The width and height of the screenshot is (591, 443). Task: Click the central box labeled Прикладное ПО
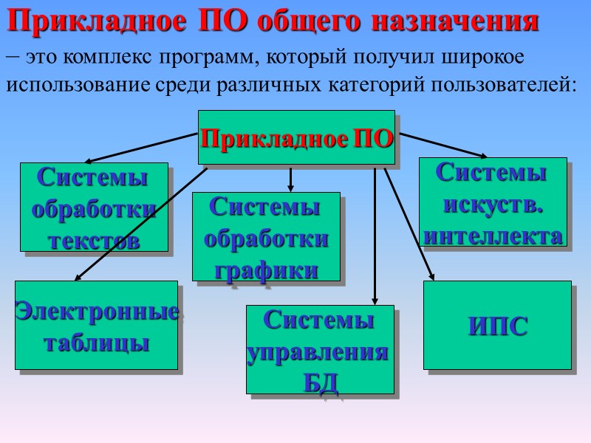pyautogui.click(x=296, y=137)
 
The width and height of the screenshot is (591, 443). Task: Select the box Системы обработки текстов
pyautogui.click(x=94, y=207)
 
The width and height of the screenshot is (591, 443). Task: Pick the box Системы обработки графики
pyautogui.click(x=266, y=236)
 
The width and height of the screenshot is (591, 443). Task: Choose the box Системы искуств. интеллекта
pyautogui.click(x=493, y=202)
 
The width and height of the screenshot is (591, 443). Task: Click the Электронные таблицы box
pyautogui.click(x=97, y=325)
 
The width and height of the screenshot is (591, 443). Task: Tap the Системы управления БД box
pyautogui.click(x=320, y=349)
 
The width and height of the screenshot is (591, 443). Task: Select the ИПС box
pyautogui.click(x=497, y=325)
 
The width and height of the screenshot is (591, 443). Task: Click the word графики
pyautogui.click(x=266, y=269)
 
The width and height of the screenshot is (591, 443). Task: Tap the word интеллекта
pyautogui.click(x=493, y=236)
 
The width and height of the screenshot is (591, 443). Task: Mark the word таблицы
pyautogui.click(x=97, y=343)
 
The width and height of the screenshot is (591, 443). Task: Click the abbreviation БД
pyautogui.click(x=320, y=382)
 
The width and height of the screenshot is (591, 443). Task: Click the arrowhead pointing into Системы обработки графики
pyautogui.click(x=291, y=188)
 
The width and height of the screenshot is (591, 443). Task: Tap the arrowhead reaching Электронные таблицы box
pyautogui.click(x=78, y=278)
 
